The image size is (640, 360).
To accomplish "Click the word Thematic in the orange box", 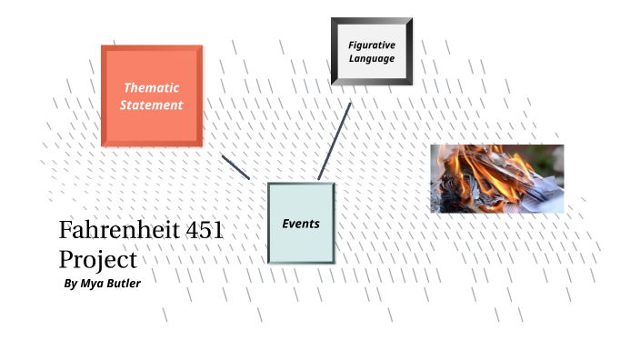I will [x=151, y=87].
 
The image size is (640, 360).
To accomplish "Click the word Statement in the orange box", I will [x=151, y=105].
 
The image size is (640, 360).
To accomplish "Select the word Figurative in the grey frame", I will [x=371, y=45].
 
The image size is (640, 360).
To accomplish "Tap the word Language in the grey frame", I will [x=371, y=58].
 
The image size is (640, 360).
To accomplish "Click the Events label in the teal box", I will [x=300, y=223].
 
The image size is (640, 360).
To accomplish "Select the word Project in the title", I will [x=97, y=259].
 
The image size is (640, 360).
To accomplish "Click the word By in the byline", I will [x=72, y=284].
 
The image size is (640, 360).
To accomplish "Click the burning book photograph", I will [x=496, y=178].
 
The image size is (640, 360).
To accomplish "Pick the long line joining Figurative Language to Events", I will [x=334, y=141].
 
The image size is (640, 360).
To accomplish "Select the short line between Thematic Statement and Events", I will [x=235, y=166].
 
